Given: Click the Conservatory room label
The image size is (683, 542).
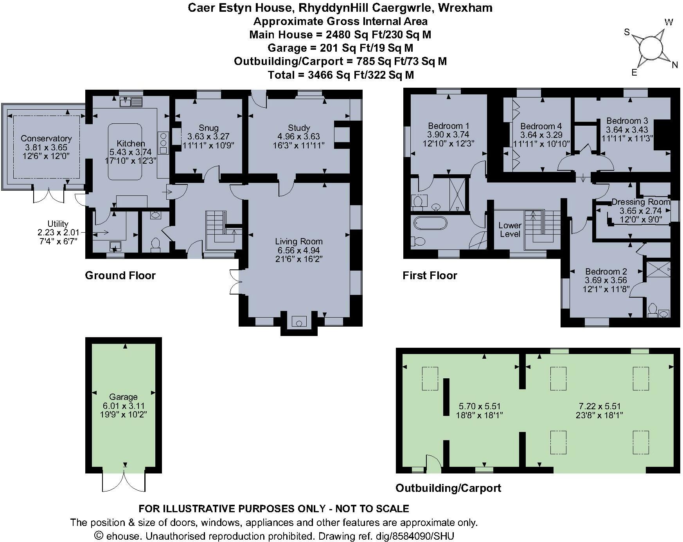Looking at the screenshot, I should click(x=46, y=138).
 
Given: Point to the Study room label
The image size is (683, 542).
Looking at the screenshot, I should click(x=298, y=128).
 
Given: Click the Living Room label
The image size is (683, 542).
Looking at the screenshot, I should click(x=298, y=241).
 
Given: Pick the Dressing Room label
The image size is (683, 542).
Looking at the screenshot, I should click(x=640, y=202).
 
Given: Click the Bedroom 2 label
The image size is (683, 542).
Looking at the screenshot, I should click(x=606, y=271).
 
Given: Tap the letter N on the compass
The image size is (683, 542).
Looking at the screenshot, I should click(x=674, y=65).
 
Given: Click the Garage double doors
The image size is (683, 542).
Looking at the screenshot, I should click(x=124, y=480).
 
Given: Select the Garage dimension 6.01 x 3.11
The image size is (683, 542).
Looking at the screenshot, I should click(x=123, y=406).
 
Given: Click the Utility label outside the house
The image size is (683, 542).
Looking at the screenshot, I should click(x=58, y=224).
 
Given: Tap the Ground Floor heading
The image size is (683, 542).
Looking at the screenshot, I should click(x=120, y=276).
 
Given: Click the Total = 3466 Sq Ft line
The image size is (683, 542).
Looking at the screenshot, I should click(x=340, y=75).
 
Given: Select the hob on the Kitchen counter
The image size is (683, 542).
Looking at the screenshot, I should click(x=163, y=143).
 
